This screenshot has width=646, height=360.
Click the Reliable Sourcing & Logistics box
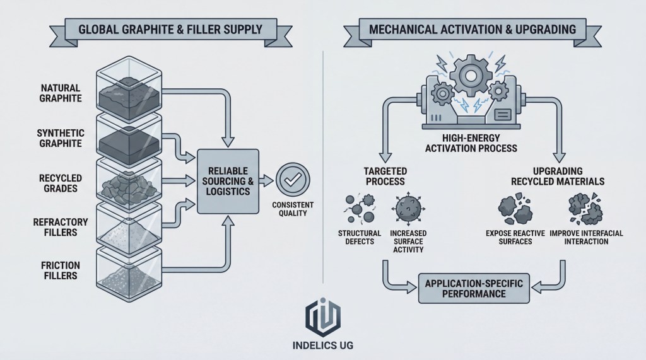[x=228, y=180]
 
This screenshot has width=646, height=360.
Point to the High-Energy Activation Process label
[x=472, y=143]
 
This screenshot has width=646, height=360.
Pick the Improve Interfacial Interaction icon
[x=583, y=210]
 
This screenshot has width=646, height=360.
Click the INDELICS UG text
[x=323, y=346]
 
